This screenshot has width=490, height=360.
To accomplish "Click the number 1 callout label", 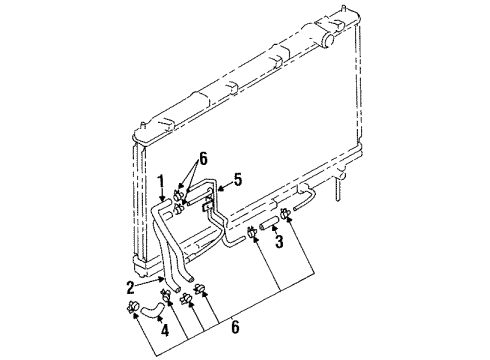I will pyautogui.click(x=161, y=181).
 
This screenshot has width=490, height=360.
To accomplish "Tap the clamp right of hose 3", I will pyautogui.click(x=286, y=211).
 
